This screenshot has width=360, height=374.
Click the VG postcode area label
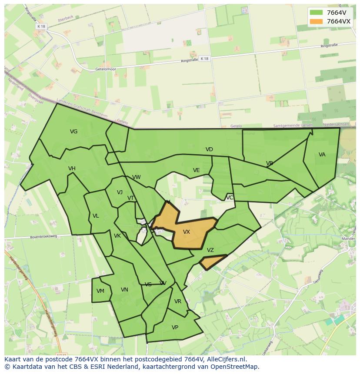click(x=74, y=132)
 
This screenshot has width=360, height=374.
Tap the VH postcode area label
click(x=72, y=169)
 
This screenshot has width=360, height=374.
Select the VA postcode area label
click(x=322, y=155)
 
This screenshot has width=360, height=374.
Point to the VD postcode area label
click(x=209, y=149)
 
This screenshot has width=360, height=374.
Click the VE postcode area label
click(x=196, y=170)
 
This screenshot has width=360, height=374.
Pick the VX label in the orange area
click(x=187, y=232)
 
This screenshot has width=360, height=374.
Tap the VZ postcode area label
click(x=210, y=250)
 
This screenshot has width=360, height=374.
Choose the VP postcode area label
click(x=175, y=328)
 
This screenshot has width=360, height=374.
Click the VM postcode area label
click(x=100, y=291)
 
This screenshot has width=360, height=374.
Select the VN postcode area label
click(x=124, y=290)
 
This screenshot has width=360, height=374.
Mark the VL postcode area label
click(x=96, y=216)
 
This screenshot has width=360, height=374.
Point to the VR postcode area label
click(x=177, y=301)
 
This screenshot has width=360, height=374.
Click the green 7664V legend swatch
click(x=316, y=13)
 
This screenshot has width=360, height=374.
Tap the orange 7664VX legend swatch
click(x=316, y=21)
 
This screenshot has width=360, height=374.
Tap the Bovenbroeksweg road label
click(x=43, y=237)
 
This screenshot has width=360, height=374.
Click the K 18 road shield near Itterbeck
click(x=41, y=26)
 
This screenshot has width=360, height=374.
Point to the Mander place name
click(x=349, y=239)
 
